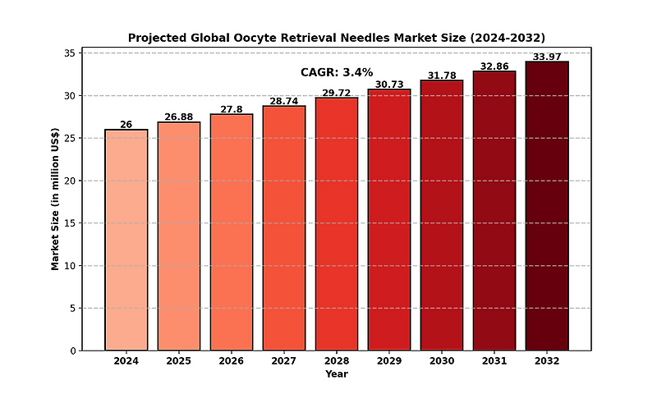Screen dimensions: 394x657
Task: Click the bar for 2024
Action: point(126,240)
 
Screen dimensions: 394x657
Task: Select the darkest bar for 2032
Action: point(547,206)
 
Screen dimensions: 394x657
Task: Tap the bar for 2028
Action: point(337,224)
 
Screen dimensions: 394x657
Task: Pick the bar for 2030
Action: point(442,215)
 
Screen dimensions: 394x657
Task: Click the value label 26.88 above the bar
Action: point(179,117)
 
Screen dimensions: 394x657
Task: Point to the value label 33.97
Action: point(547,57)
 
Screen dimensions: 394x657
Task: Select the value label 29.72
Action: point(337,93)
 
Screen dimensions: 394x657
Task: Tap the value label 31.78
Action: point(442,76)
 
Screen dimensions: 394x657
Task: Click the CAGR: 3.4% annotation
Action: point(337,72)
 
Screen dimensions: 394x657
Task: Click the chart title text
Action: point(337,38)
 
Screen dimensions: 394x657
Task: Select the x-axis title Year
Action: point(337,374)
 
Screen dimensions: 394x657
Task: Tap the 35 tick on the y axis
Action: point(70,53)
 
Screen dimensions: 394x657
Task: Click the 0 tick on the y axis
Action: point(73,350)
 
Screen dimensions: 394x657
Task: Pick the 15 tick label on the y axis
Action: point(70,223)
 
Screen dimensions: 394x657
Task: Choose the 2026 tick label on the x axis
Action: point(232,361)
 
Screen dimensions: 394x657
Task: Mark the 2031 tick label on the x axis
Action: point(494,361)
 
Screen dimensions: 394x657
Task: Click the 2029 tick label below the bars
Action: point(389,361)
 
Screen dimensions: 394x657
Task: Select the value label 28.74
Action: point(284,101)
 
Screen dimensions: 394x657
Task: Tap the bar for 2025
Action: point(179,236)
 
